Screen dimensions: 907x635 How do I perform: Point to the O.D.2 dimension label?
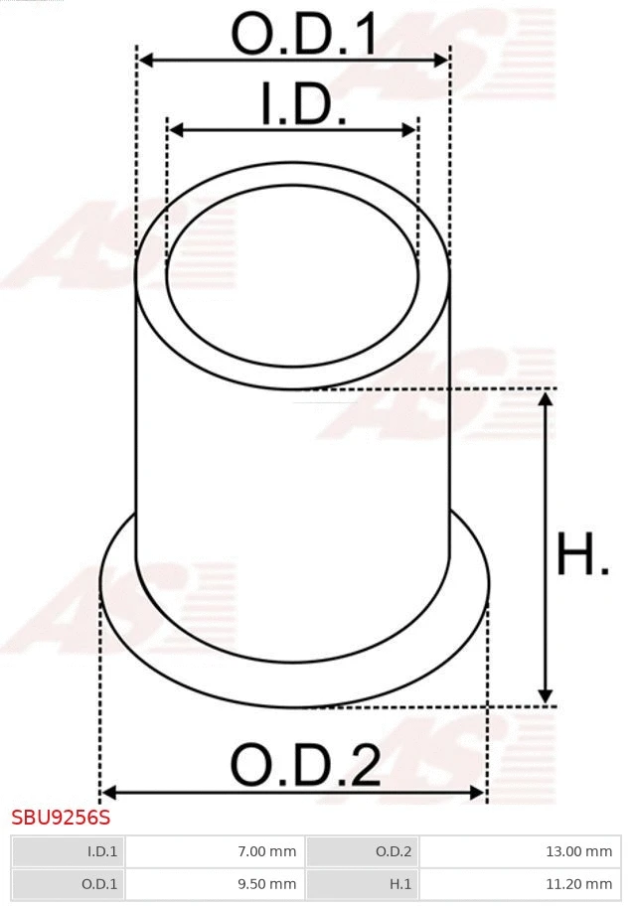click(x=305, y=766)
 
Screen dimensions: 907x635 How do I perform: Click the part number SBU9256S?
click(x=61, y=818)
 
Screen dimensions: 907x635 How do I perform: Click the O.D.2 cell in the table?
click(x=394, y=851)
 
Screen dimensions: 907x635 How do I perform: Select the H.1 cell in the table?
click(x=399, y=883)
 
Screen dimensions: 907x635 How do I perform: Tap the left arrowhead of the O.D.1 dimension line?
click(x=145, y=61)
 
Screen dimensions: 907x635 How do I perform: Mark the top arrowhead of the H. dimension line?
click(x=545, y=399)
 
